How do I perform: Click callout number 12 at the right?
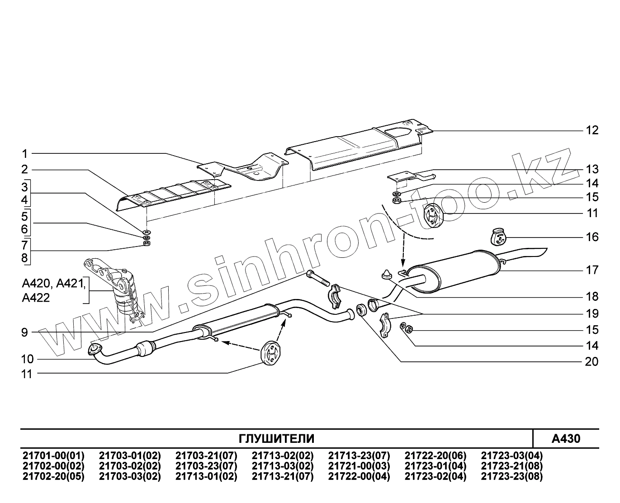(592, 130)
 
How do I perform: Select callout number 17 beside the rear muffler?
(592, 270)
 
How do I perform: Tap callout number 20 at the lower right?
(592, 361)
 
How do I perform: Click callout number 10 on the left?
(27, 359)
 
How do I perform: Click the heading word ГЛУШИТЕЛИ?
(276, 438)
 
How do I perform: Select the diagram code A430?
(566, 438)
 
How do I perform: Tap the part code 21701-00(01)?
(53, 456)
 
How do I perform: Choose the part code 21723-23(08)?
(512, 476)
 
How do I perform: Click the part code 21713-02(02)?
(283, 456)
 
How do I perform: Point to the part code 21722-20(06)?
(435, 456)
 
